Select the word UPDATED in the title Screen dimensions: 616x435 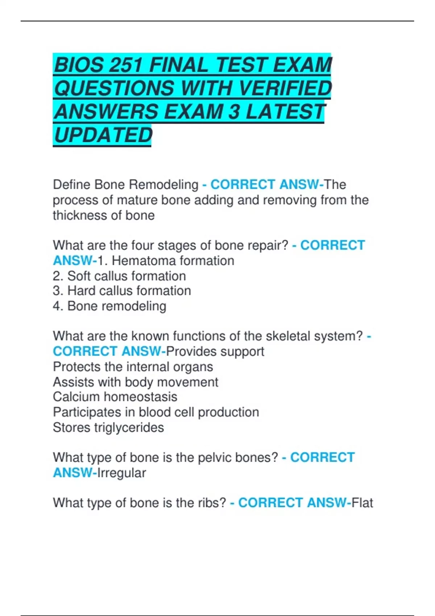pos(103,135)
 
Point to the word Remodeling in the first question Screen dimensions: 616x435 pos(164,185)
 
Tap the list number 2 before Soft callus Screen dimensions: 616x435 pos(57,276)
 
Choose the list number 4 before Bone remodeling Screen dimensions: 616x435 pos(57,306)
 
